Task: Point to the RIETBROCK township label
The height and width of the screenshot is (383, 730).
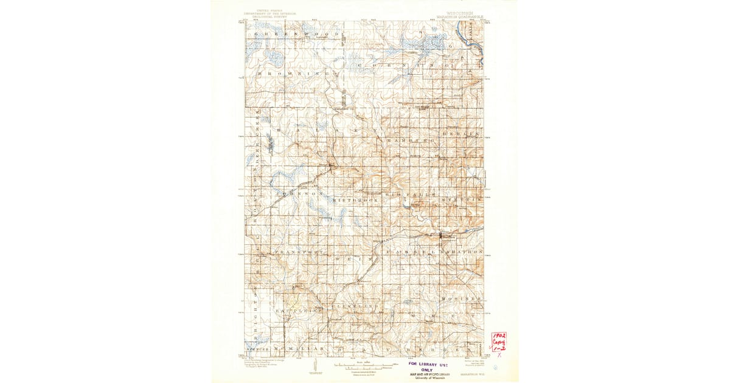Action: click(x=356, y=199)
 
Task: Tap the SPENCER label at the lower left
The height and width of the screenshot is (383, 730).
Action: click(x=254, y=350)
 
